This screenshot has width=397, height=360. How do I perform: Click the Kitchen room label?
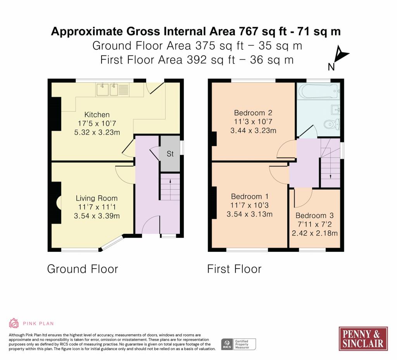click(97, 115)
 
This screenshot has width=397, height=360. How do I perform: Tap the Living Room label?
click(97, 198)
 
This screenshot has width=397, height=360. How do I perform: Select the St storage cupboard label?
click(170, 154)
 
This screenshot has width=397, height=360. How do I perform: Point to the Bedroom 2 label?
click(253, 113)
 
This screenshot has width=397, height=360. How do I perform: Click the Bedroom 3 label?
click(315, 216)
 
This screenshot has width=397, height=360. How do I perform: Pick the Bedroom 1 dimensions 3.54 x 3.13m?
click(250, 214)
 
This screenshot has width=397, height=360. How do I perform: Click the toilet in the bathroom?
click(332, 124)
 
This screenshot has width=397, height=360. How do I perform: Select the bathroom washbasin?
click(335, 110)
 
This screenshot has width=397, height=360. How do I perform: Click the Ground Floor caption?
click(83, 269)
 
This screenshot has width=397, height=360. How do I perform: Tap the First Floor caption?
click(234, 269)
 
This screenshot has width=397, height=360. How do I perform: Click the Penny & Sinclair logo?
click(363, 339)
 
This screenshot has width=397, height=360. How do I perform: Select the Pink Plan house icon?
click(14, 323)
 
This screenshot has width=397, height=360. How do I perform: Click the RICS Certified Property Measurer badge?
click(238, 344)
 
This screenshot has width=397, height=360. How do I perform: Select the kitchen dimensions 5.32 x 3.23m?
click(97, 132)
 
